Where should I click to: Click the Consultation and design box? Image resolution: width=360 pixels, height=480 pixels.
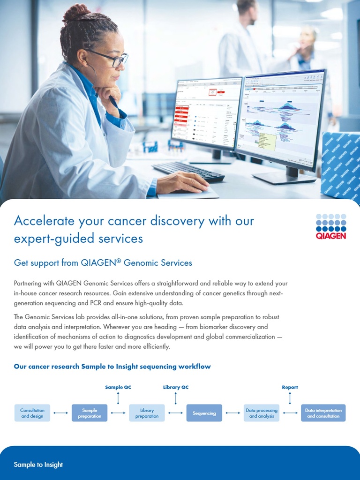[32, 413]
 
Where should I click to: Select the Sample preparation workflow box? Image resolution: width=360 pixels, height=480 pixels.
[90, 413]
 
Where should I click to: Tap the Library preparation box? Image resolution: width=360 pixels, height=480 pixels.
[147, 413]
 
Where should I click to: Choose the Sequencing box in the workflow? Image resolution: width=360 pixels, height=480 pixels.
[204, 413]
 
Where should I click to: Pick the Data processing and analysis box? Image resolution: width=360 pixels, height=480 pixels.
[262, 413]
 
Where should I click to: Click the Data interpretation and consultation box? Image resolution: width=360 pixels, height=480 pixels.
[323, 413]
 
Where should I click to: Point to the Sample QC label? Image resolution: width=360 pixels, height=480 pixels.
[118, 387]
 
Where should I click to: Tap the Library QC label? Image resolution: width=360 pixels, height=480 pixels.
[176, 387]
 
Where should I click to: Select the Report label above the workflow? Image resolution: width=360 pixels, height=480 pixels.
[290, 387]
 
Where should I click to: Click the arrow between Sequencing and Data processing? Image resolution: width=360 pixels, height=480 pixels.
[233, 413]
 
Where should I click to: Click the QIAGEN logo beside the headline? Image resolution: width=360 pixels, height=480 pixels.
[331, 226]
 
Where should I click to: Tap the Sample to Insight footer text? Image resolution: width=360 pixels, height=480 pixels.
[38, 465]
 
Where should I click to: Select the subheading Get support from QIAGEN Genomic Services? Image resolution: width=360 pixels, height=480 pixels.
[103, 263]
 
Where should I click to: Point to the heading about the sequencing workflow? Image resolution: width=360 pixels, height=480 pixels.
[112, 367]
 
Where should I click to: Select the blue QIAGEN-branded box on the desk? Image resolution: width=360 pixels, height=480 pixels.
[341, 166]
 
